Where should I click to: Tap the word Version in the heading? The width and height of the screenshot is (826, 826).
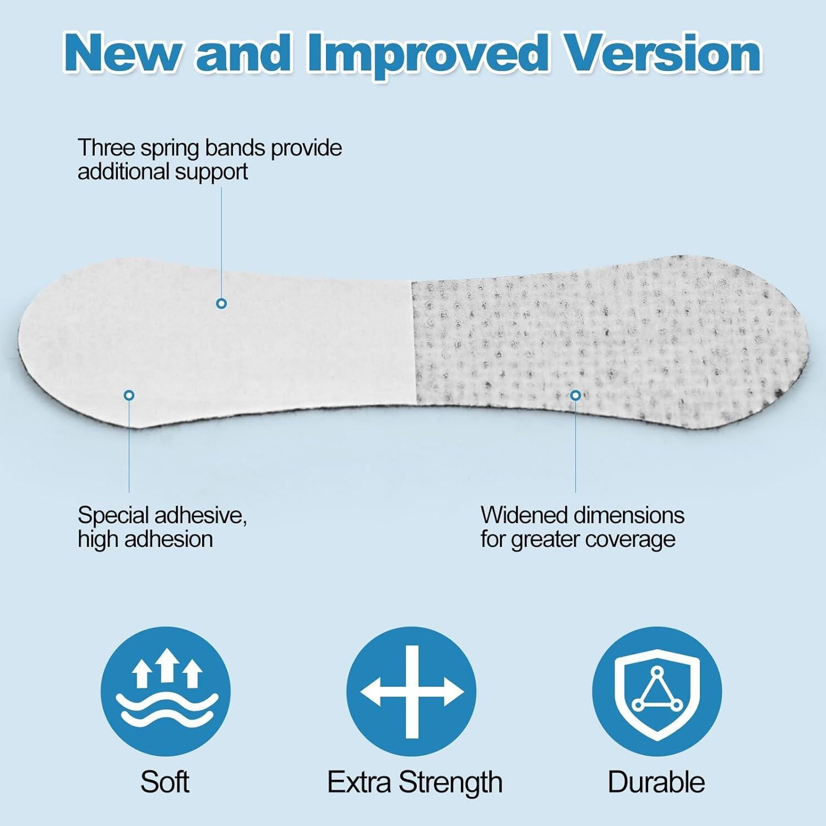(664, 53)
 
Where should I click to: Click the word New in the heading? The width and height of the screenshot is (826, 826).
(121, 54)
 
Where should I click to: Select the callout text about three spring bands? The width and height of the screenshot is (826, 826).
(209, 160)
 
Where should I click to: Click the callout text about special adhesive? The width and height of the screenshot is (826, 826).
(162, 527)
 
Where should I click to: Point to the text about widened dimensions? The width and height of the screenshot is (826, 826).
(582, 527)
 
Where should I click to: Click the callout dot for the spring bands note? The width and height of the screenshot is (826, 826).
(221, 303)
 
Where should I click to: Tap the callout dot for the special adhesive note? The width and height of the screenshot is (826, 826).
(129, 395)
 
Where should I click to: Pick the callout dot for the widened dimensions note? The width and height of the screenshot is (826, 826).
(575, 395)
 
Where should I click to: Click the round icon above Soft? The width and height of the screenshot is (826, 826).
(165, 692)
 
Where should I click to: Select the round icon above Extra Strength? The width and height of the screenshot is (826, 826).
(411, 692)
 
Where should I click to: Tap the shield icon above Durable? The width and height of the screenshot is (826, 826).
(657, 692)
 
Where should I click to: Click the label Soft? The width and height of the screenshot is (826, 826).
(165, 782)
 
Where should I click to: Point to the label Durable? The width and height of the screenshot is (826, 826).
(656, 782)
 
